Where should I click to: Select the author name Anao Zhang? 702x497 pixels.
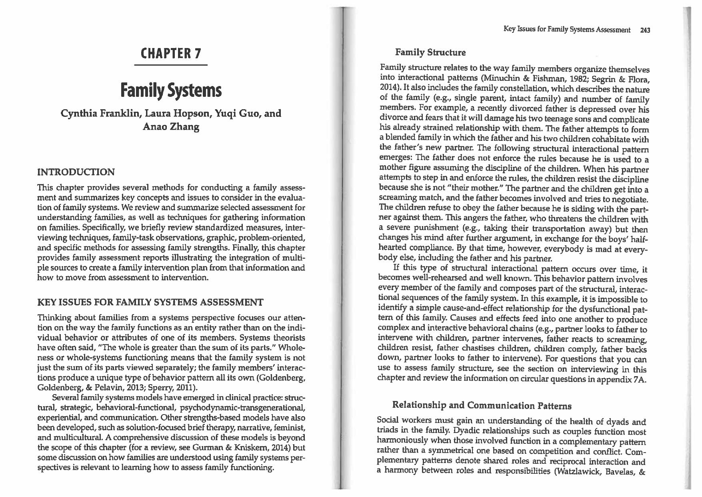point(171,127)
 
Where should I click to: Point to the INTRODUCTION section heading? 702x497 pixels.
point(76,172)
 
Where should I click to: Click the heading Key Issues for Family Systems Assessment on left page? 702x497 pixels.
point(150,302)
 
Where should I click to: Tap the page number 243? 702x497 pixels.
point(645,30)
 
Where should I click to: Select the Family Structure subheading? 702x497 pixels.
point(430,52)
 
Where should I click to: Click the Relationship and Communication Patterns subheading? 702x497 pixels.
point(482,405)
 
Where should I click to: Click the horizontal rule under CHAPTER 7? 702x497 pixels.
point(171,65)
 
